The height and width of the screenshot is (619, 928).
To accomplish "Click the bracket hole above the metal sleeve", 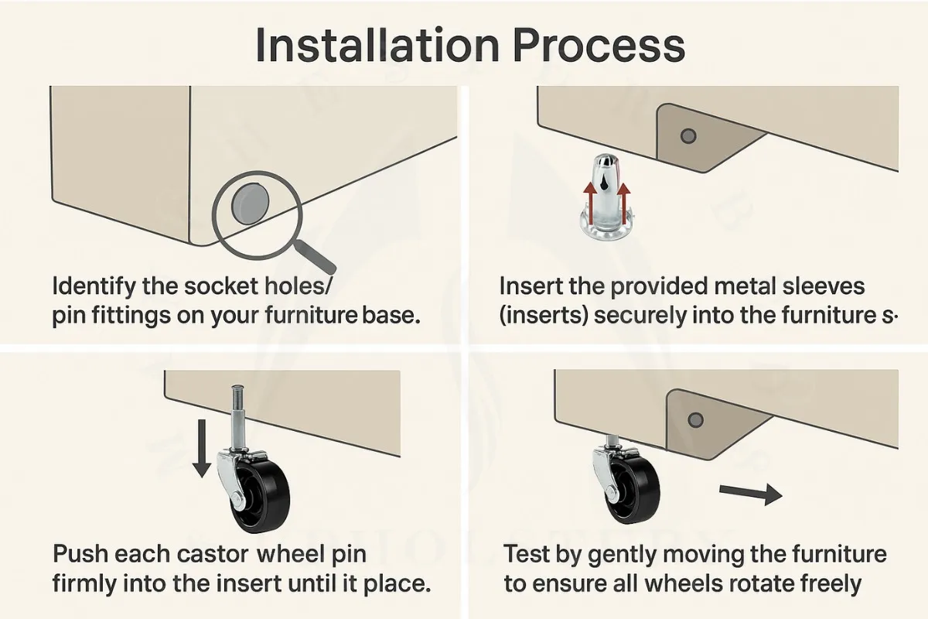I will point(687,136).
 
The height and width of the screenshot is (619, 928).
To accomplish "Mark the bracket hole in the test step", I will point(695,419).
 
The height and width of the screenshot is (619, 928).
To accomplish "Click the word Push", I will point(80,555).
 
